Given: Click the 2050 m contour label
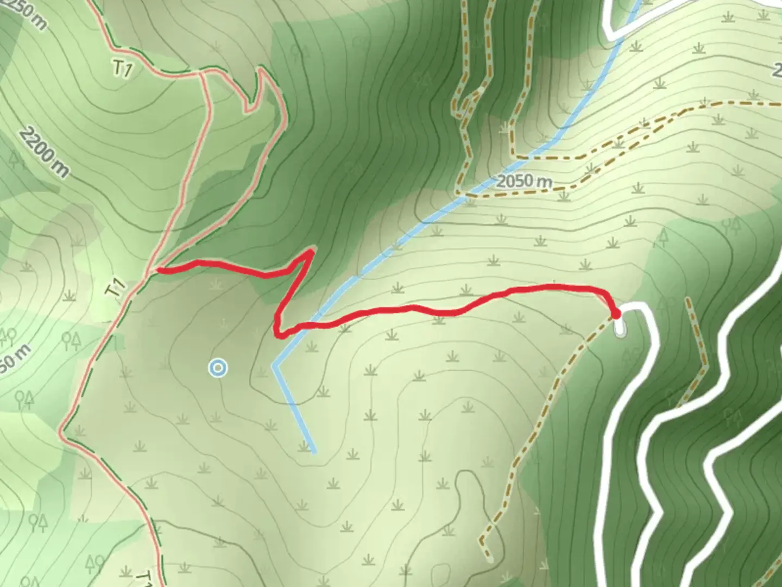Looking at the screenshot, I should pyautogui.click(x=524, y=181).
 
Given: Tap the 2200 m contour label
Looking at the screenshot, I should pyautogui.click(x=45, y=153).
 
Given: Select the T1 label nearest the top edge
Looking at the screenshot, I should pyautogui.click(x=123, y=68).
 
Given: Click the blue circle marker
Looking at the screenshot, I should pyautogui.click(x=218, y=369).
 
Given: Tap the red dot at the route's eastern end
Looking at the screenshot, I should pyautogui.click(x=615, y=314).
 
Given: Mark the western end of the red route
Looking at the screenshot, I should pyautogui.click(x=158, y=270).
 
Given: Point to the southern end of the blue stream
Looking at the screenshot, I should pyautogui.click(x=313, y=451).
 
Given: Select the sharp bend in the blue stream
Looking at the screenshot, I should pyautogui.click(x=275, y=366).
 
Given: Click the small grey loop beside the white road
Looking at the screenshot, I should pyautogui.click(x=620, y=328).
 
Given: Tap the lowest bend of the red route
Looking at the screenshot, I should pyautogui.click(x=279, y=334).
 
